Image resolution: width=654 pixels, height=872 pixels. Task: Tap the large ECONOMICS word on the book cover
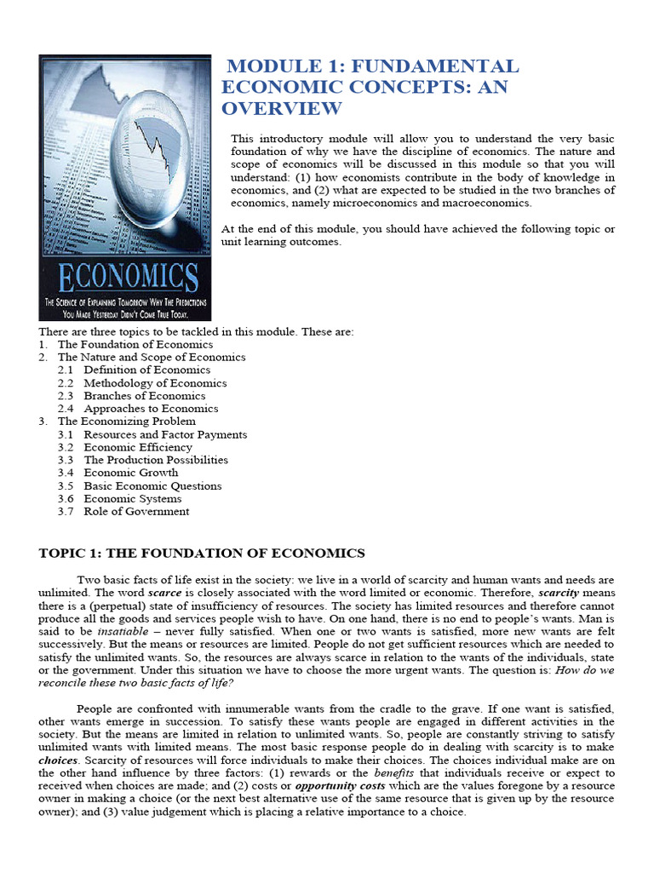(126, 278)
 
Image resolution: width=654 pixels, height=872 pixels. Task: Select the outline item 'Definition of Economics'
(146, 370)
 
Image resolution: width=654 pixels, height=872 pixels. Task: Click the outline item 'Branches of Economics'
(144, 396)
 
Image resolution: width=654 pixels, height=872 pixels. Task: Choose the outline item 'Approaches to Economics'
(151, 409)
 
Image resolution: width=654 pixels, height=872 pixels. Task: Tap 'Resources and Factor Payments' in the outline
(165, 434)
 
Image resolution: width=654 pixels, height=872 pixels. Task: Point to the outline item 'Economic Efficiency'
(138, 447)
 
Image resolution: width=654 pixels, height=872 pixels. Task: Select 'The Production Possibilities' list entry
(156, 460)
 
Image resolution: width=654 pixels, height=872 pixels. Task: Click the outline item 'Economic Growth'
(131, 473)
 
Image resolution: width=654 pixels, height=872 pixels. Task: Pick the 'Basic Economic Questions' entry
(152, 486)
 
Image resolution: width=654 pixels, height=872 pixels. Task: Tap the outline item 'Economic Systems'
(132, 499)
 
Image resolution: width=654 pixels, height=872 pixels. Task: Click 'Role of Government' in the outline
(136, 512)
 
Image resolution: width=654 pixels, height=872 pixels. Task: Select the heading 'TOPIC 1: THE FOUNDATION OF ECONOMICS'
(202, 554)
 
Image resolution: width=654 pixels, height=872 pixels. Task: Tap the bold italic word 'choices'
(59, 760)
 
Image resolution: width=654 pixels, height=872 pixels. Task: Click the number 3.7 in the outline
(66, 512)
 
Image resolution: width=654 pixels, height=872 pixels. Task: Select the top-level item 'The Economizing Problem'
(126, 422)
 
